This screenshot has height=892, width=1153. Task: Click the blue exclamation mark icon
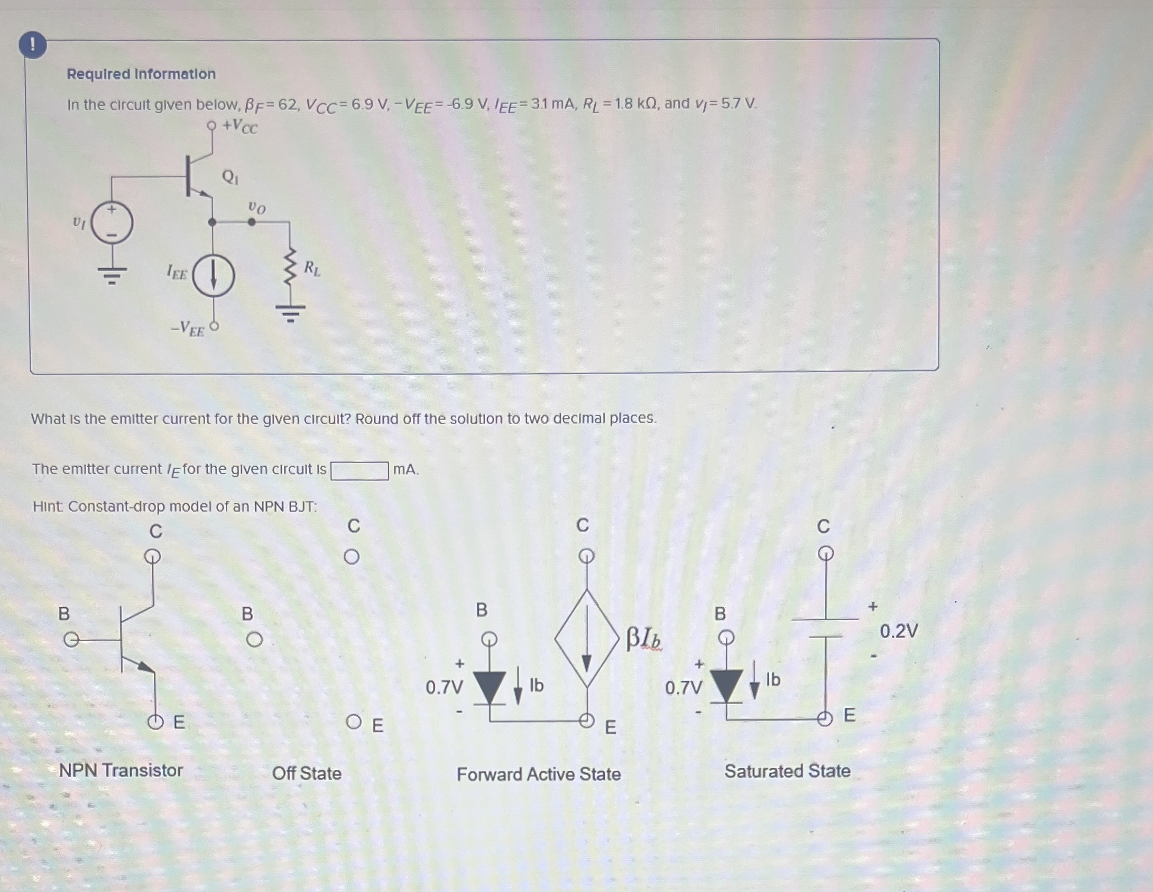tap(32, 45)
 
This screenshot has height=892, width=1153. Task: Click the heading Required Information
tap(141, 74)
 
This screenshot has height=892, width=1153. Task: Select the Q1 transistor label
tap(230, 177)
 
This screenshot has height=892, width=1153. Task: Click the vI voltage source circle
tap(112, 223)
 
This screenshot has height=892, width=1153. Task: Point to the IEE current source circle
tap(213, 276)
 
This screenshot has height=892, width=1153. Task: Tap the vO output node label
tap(257, 207)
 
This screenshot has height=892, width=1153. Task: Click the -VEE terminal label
tap(188, 329)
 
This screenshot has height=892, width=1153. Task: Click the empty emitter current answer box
tap(359, 470)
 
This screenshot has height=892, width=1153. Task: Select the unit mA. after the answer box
tap(405, 470)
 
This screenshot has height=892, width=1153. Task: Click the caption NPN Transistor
tap(121, 770)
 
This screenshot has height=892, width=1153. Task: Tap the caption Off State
tap(307, 773)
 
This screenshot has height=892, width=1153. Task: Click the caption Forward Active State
tap(539, 775)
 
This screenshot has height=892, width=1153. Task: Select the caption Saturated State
tap(787, 771)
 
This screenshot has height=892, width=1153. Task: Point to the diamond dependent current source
tap(587, 639)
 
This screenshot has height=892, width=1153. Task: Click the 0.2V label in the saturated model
tap(899, 631)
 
